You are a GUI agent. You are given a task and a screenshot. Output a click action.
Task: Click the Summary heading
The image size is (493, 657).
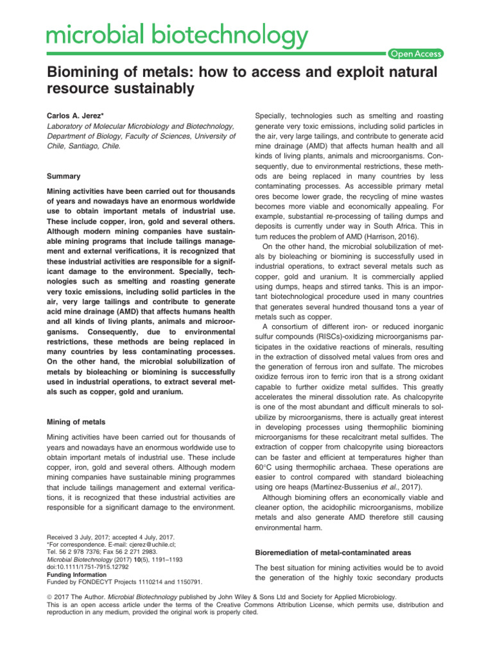pyautogui.click(x=64, y=175)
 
